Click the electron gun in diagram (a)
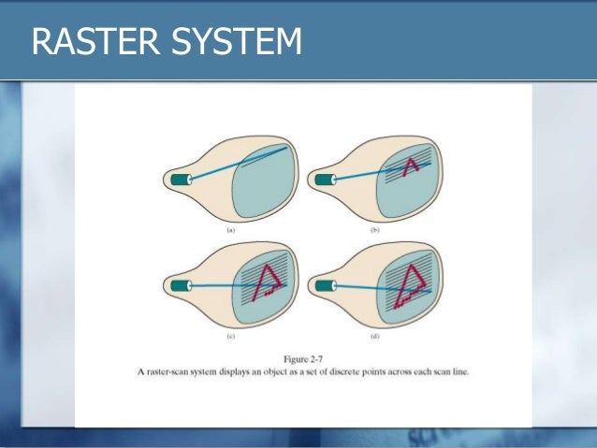coord(178,178)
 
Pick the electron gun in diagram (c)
coord(178,284)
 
